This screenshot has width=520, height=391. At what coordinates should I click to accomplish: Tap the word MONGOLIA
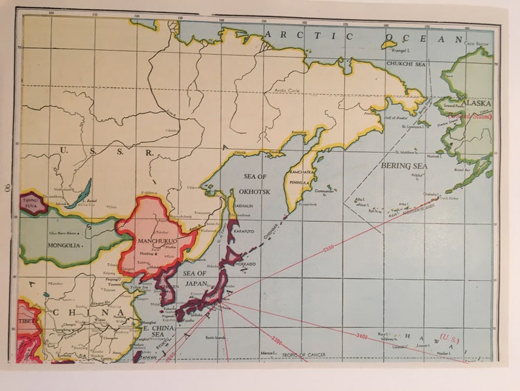click(x=64, y=245)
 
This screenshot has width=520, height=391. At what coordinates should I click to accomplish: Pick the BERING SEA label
click(x=404, y=166)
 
